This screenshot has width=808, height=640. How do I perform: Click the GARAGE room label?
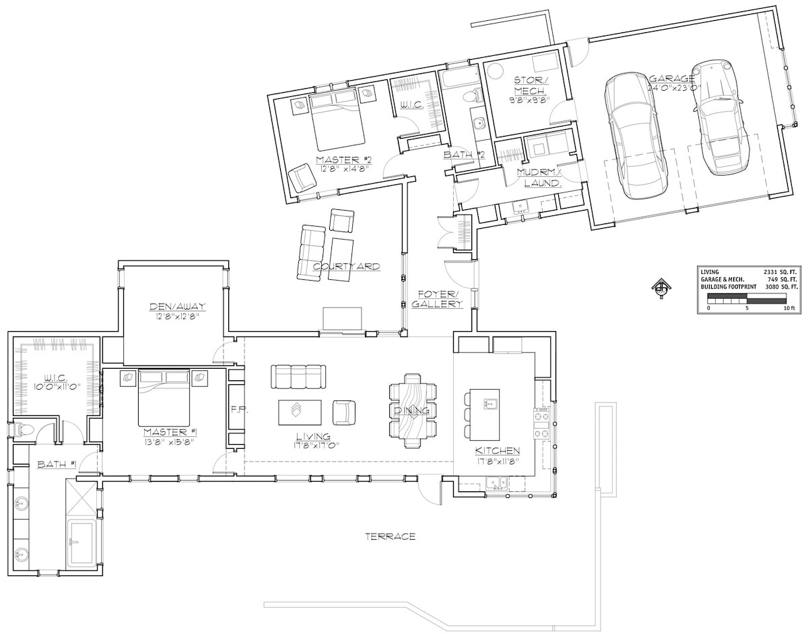point(672,79)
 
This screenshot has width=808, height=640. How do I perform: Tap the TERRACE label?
point(390,536)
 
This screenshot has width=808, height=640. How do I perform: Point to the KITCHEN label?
point(498,450)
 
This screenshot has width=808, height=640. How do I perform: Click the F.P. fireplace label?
point(236,409)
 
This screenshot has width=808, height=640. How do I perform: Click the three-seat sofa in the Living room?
point(298,376)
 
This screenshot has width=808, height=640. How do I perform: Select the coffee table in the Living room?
point(300,412)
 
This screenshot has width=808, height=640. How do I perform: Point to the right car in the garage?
point(720,116)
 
